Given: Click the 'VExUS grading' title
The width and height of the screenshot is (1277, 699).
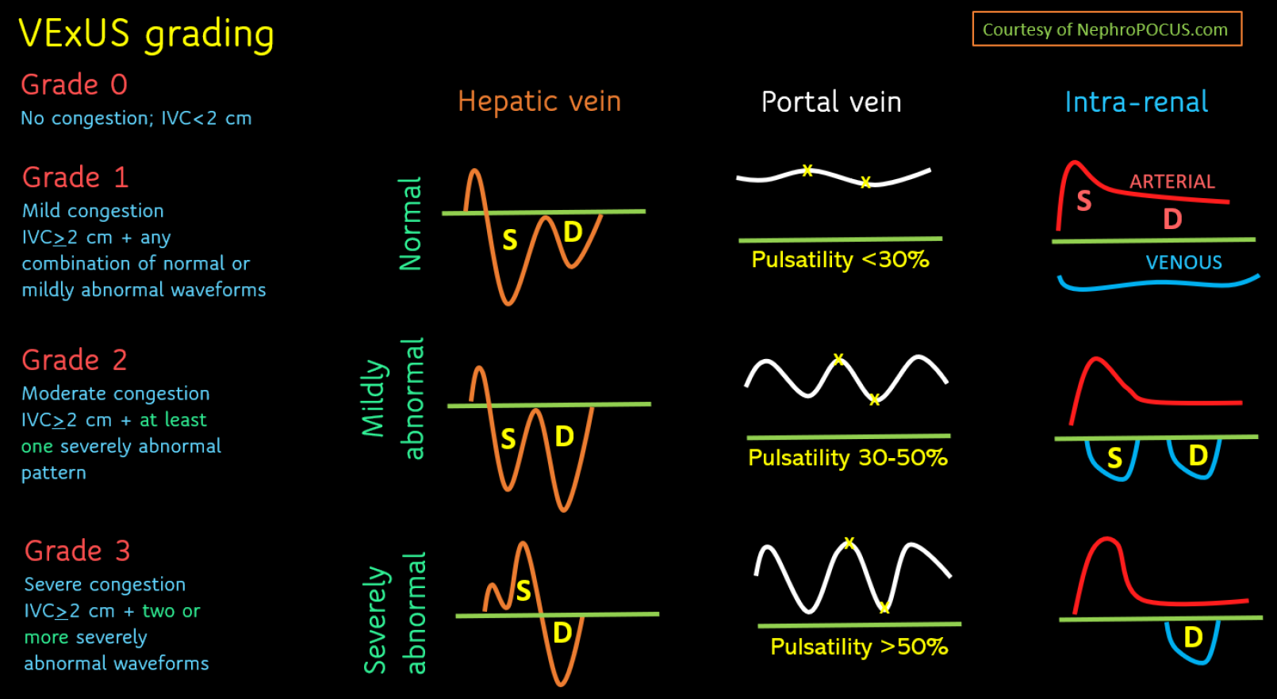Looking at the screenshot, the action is tap(147, 34).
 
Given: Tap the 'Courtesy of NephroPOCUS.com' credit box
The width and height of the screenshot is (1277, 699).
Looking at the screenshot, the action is tap(1106, 29).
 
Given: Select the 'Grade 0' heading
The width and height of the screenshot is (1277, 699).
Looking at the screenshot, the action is tap(74, 85).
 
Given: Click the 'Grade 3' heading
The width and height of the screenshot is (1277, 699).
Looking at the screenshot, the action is tap(78, 551).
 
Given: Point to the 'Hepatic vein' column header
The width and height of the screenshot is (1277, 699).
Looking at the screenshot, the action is tap(539, 101).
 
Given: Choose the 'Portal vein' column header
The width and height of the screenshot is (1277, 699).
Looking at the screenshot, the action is tap(831, 102).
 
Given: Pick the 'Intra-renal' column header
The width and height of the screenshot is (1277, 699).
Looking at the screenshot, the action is tap(1136, 102).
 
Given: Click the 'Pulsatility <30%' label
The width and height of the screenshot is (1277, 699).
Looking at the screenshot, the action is tap(840, 260).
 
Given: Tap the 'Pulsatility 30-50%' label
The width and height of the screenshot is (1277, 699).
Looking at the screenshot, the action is tap(848, 457).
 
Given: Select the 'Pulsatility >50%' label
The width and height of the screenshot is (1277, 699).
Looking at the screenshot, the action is tap(859, 647).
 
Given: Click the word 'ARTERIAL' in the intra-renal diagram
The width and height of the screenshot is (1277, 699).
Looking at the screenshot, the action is tap(1172, 181).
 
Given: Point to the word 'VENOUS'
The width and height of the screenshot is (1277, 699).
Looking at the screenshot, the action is tap(1183, 262).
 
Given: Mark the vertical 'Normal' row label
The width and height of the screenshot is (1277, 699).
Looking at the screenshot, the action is tap(411, 223).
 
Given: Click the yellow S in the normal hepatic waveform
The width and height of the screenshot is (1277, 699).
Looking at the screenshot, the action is tap(510, 240).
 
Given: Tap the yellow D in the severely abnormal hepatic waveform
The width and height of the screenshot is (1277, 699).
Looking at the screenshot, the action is tap(562, 633).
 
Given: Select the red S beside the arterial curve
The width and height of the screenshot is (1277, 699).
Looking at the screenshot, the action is tap(1083, 201).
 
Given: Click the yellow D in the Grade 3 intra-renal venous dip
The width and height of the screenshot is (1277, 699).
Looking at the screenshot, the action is tap(1193, 637).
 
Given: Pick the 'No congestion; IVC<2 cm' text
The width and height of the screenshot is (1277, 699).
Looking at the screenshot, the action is tap(136, 119).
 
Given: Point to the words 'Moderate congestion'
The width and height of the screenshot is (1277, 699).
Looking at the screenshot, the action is tap(116, 394).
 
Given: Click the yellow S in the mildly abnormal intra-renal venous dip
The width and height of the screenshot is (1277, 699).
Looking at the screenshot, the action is tap(1114, 458).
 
